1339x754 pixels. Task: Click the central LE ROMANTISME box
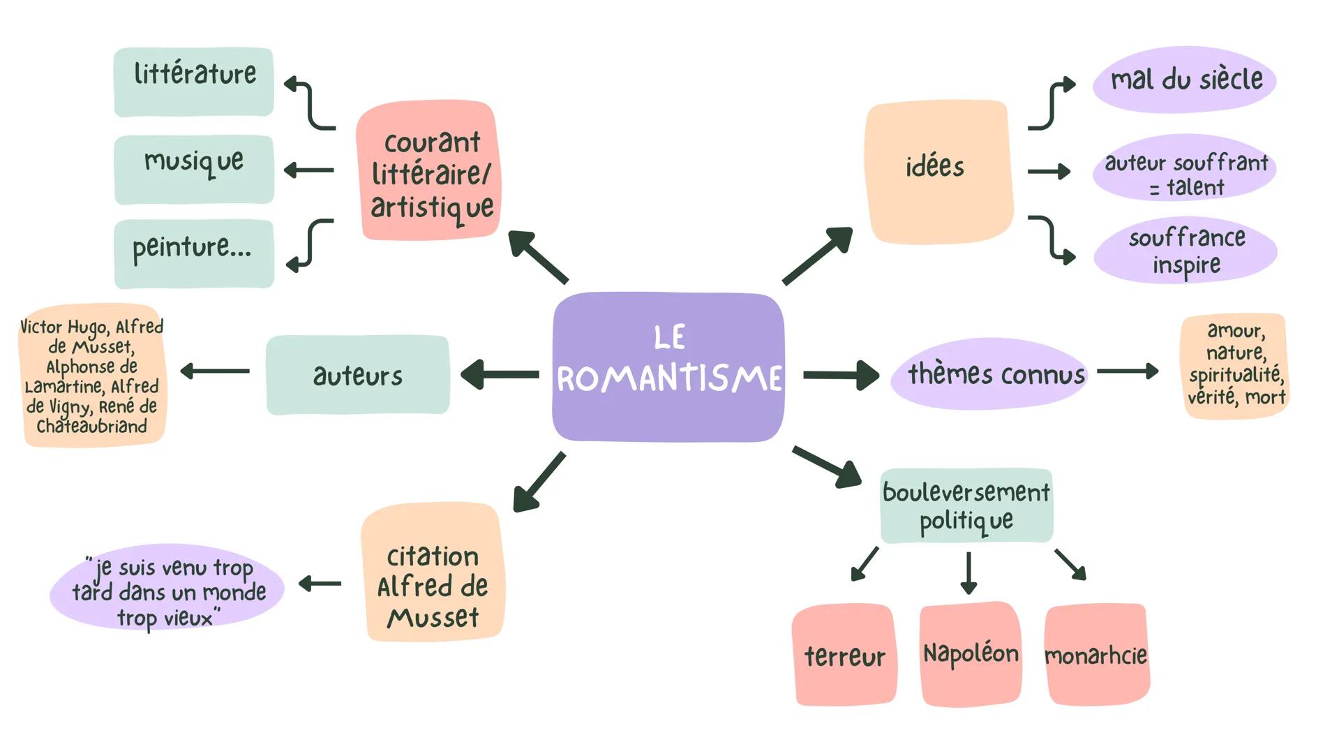point(668,367)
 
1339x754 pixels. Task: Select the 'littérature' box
point(194,82)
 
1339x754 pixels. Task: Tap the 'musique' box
point(194,170)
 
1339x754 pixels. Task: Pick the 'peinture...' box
point(194,253)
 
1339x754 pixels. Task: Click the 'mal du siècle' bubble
point(1184,80)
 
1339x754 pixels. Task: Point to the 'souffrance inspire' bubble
point(1185,251)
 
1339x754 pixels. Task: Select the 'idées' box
point(938,172)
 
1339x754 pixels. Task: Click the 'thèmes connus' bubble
point(989,374)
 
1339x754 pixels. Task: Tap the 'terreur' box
point(844,655)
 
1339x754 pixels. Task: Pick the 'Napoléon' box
point(970,653)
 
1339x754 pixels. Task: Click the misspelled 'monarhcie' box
point(1096,655)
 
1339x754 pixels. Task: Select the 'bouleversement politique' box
point(966,505)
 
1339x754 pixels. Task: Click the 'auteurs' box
point(357,375)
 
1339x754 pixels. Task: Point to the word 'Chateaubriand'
point(91,427)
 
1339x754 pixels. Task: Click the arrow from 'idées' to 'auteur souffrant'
point(1049,171)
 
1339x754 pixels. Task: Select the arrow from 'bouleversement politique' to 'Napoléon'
point(968,572)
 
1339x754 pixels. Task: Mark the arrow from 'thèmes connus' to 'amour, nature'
point(1127,371)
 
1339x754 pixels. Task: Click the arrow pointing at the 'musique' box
point(309,170)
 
